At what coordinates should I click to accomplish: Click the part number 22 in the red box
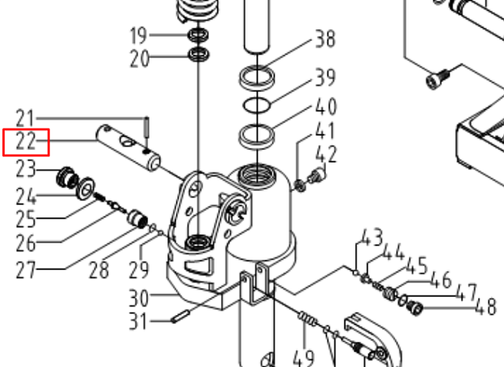(26, 142)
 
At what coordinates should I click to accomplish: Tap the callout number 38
(324, 38)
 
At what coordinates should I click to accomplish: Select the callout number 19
(139, 36)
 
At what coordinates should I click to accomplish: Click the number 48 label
(485, 307)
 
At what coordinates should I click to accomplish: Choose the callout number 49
(305, 356)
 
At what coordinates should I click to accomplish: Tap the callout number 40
(326, 107)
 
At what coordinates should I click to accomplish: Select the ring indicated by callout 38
(257, 79)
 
